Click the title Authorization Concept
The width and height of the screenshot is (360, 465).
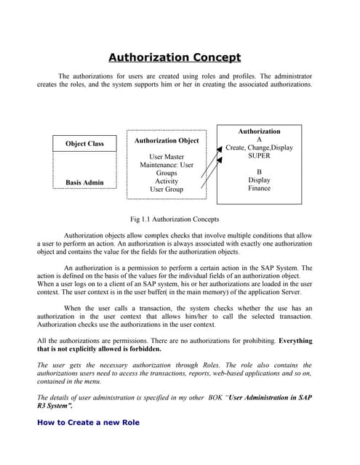(x=175, y=57)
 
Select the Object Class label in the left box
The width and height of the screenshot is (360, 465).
(x=85, y=144)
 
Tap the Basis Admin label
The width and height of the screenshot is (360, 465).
(x=84, y=182)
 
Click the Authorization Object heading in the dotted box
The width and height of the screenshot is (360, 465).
(x=167, y=140)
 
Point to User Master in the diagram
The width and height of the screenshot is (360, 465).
(x=167, y=157)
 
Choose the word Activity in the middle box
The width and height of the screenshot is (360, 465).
(x=167, y=182)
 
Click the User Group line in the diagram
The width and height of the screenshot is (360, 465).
(x=167, y=190)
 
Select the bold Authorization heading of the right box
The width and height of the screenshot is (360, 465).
(x=259, y=132)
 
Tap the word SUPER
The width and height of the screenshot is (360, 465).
(x=259, y=156)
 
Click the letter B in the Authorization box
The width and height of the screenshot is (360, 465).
(x=260, y=172)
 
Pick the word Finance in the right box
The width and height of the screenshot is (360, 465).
(x=259, y=188)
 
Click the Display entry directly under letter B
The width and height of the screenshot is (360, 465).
(x=259, y=180)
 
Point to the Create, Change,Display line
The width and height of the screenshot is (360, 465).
(x=259, y=147)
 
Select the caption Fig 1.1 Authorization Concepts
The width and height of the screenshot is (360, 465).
(x=175, y=219)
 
